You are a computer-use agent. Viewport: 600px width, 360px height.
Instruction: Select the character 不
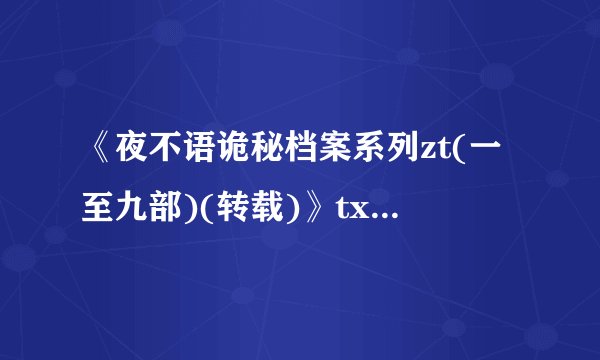coord(169,158)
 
